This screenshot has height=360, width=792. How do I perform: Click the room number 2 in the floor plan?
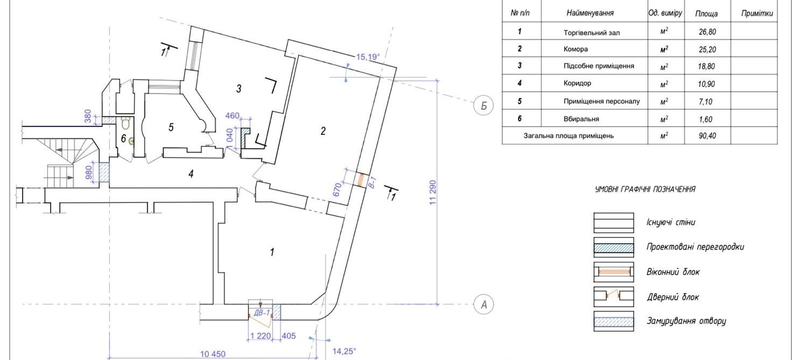(x=323, y=131)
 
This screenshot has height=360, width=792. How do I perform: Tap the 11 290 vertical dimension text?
(x=433, y=193)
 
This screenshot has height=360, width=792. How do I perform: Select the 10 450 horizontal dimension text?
(x=213, y=354)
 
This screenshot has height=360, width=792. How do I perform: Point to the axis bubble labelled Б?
(x=483, y=105)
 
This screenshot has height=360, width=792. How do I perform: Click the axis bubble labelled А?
(x=483, y=305)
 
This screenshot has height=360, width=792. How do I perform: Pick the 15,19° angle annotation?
(x=367, y=57)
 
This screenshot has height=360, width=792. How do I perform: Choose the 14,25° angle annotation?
(x=344, y=351)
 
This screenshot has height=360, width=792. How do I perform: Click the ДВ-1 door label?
(x=262, y=313)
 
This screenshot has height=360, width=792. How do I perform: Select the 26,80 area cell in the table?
(x=707, y=32)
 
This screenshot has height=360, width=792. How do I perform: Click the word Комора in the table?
(x=576, y=49)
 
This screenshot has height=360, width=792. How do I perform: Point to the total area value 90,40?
(x=707, y=136)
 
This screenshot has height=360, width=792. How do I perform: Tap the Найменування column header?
(x=590, y=13)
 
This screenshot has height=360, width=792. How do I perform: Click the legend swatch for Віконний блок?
(x=613, y=272)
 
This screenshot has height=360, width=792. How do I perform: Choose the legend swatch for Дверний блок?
(x=613, y=297)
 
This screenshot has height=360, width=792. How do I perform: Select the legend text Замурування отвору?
(x=687, y=321)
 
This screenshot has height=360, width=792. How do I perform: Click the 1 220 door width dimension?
(x=260, y=336)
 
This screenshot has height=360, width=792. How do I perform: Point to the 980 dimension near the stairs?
(x=89, y=173)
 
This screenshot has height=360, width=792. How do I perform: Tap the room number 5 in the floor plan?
(x=171, y=128)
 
